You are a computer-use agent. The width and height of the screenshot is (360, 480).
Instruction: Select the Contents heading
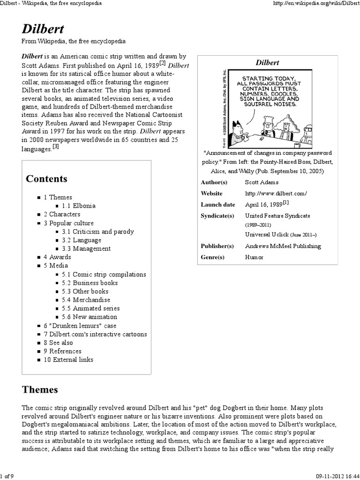click(46, 179)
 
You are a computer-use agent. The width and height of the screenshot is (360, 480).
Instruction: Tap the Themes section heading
click(40, 390)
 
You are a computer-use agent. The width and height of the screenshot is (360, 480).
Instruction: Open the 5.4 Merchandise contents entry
click(86, 300)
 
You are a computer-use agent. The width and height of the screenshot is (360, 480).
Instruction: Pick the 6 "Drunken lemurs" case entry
click(80, 326)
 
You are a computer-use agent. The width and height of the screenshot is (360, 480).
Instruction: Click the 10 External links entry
click(68, 360)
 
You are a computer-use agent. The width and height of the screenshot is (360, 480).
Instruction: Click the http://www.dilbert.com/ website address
click(275, 193)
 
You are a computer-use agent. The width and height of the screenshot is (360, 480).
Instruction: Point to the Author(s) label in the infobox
click(214, 182)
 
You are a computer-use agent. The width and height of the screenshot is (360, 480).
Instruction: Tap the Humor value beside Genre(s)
click(254, 257)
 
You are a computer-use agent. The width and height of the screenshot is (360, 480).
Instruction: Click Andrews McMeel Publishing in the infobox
click(283, 246)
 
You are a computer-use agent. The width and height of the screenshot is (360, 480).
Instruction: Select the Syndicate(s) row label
click(217, 216)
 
